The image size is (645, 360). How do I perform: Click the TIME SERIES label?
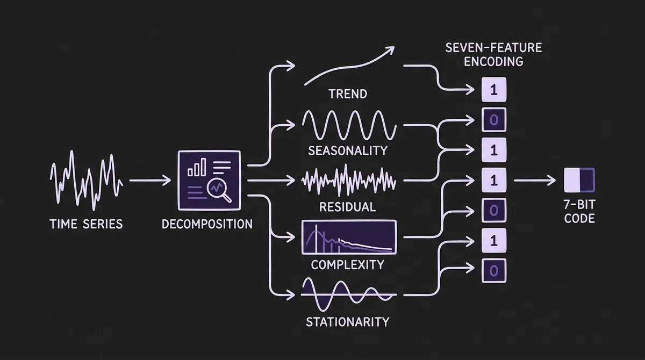click(86, 224)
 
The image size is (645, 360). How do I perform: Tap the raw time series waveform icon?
click(87, 181)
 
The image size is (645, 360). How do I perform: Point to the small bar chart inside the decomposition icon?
click(197, 168)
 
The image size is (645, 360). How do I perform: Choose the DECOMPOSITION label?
click(207, 224)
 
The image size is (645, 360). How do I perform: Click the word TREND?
click(347, 94)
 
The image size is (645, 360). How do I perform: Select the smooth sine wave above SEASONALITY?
click(349, 126)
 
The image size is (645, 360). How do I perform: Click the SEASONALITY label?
click(347, 150)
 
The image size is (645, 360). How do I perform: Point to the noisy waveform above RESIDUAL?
click(349, 181)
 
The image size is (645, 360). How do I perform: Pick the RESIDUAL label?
click(347, 206)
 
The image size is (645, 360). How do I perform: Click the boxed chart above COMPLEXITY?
click(349, 237)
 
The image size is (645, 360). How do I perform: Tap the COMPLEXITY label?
click(347, 264)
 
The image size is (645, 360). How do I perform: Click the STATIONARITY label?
click(347, 322)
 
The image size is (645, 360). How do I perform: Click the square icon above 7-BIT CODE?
click(579, 181)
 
